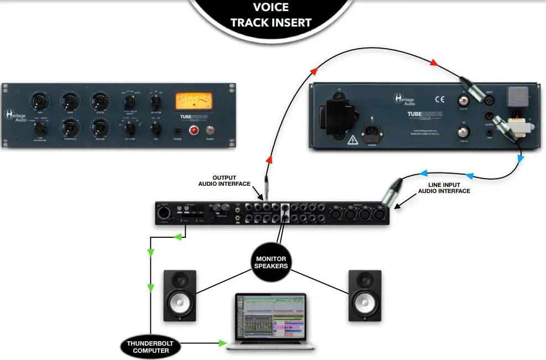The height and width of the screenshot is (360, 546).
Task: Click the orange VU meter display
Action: [x=194, y=101]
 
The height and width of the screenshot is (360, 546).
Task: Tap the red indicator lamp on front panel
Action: [x=194, y=131]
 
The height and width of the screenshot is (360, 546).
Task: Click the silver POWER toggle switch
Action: [x=211, y=131]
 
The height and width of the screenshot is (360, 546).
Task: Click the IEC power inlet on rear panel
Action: [x=371, y=133]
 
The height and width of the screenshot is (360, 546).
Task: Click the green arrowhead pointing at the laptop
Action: [x=223, y=344]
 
